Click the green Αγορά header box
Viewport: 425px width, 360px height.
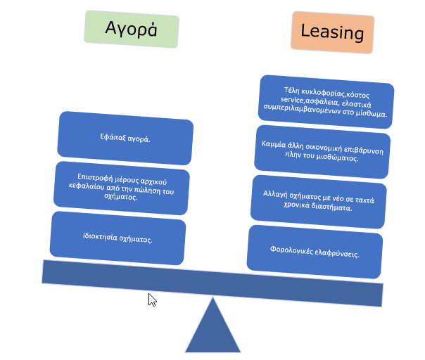131,29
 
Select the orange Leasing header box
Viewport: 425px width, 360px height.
332,32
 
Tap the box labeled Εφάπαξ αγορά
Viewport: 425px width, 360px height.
125,138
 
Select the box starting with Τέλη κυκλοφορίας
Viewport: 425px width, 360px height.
326,101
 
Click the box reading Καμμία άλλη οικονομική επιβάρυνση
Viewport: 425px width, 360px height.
322,149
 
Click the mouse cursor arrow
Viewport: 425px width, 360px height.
151,299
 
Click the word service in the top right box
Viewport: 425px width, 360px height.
280,101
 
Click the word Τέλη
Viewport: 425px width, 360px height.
291,89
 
